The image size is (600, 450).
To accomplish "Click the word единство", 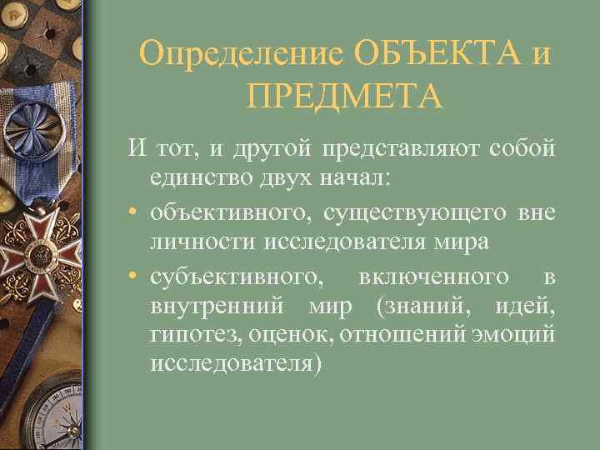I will pos(199,178).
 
